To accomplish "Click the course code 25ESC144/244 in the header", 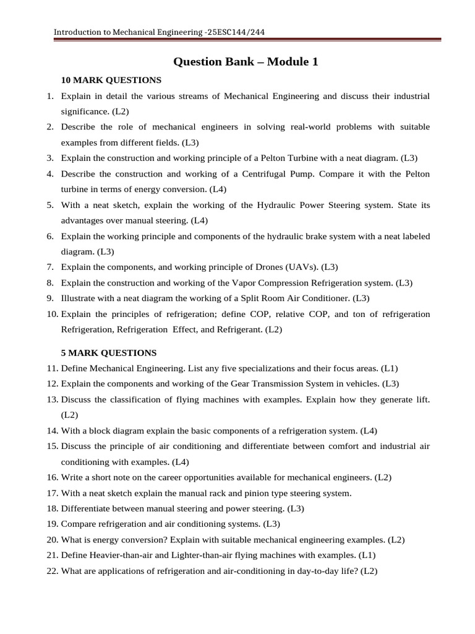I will (239, 32).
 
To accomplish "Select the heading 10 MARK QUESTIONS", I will (111, 80).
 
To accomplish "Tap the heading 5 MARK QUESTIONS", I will (108, 353).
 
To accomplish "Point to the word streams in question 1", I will (189, 96).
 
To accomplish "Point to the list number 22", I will (52, 571).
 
